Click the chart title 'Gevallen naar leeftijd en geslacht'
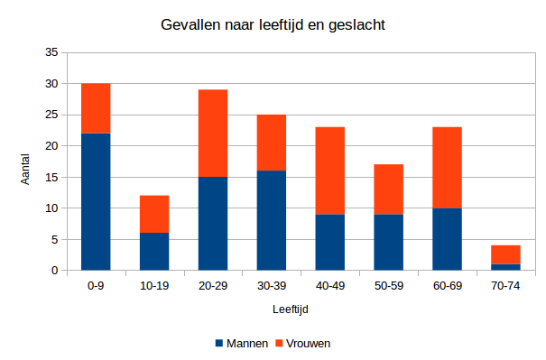pos(273,24)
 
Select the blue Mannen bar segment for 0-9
pos(96,201)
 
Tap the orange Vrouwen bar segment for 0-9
pos(96,108)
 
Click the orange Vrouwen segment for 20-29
pos(213,133)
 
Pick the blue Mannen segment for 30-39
pos(272,220)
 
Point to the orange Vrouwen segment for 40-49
pos(330,171)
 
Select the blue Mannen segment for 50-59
pos(389,242)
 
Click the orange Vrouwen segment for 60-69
pos(448,167)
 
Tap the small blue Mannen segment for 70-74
pos(506,266)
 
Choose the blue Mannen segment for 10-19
pos(154,251)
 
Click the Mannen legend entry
pos(240,344)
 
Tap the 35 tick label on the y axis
pos(51,53)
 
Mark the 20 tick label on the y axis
pos(51,146)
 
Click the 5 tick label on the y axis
pos(54,239)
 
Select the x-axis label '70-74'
pos(506,285)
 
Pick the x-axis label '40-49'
pos(330,285)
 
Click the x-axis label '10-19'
pos(154,285)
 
